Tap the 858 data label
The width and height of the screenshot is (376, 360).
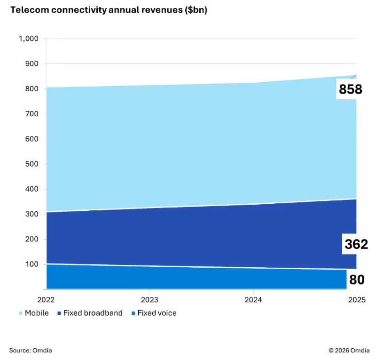coord(351,89)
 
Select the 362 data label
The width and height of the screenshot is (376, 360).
coord(356,244)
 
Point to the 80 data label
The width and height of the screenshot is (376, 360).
coord(357,280)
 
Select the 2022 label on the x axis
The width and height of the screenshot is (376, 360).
coord(47,299)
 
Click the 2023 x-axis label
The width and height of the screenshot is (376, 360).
coord(150,299)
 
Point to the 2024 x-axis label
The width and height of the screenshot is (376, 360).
coord(253,299)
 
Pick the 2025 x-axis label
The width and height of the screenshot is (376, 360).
coord(357,299)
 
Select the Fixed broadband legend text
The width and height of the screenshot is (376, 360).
coord(93,313)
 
